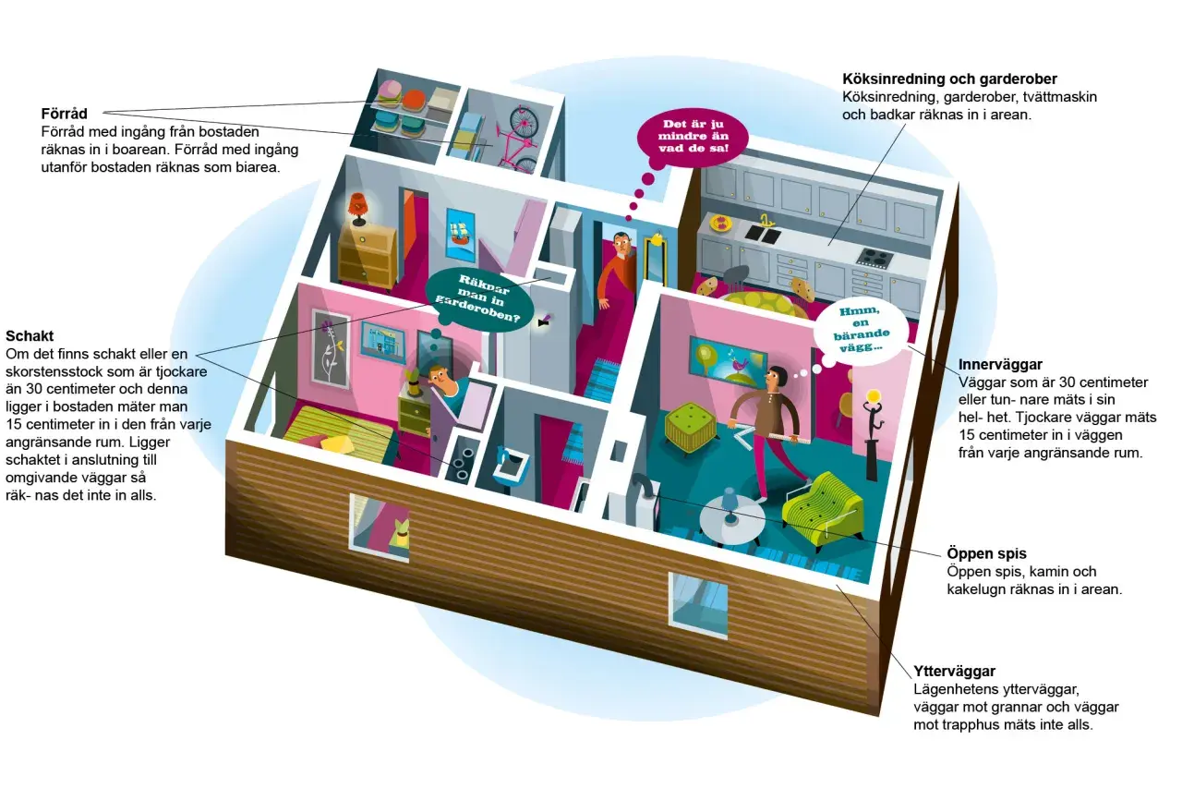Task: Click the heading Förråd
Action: [65, 114]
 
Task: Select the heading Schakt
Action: [30, 335]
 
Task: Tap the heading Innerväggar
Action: [1000, 365]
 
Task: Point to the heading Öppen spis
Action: [986, 553]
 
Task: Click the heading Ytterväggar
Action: [954, 672]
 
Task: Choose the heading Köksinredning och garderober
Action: [949, 79]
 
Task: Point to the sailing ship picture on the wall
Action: [460, 235]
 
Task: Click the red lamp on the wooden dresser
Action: [358, 209]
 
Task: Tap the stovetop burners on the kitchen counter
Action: [874, 257]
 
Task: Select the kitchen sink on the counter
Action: [763, 233]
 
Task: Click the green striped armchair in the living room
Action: [822, 505]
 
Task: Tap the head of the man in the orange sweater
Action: [621, 242]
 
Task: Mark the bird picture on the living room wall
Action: [728, 359]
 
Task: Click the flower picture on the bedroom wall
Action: [331, 348]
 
